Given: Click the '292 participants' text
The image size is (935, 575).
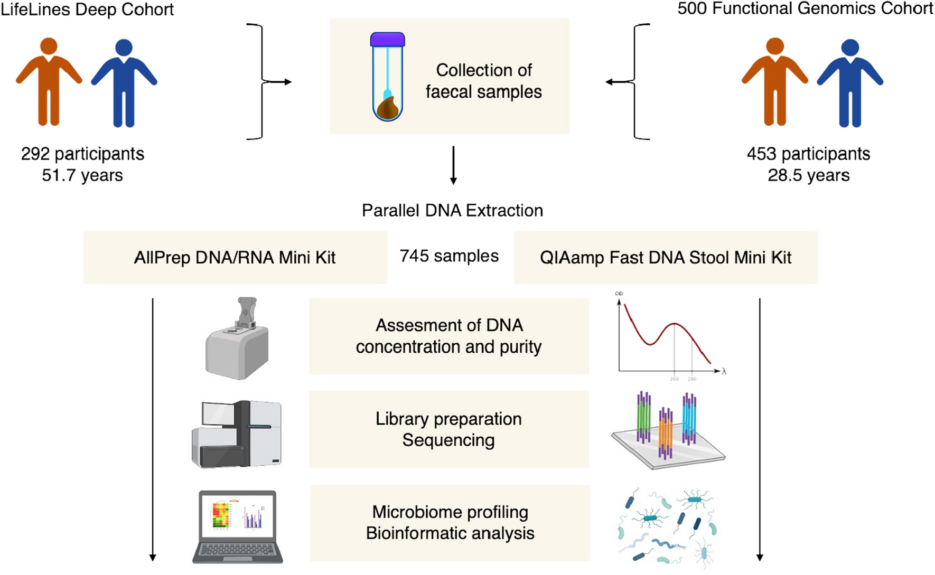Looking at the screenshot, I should pyautogui.click(x=82, y=154).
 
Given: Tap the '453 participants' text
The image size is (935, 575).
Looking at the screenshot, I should pyautogui.click(x=808, y=154).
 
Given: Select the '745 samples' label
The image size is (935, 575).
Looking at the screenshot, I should pyautogui.click(x=449, y=256).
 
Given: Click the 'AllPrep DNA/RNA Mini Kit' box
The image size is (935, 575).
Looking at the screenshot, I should pyautogui.click(x=235, y=258).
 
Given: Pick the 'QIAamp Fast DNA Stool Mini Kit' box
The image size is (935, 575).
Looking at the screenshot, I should pyautogui.click(x=666, y=258).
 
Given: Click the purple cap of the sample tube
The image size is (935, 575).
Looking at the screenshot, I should pyautogui.click(x=387, y=40).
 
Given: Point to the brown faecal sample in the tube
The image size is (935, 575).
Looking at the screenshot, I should pyautogui.click(x=388, y=108).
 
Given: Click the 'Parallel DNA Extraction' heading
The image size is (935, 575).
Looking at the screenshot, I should pyautogui.click(x=452, y=211).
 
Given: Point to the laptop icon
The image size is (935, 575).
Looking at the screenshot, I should pyautogui.click(x=238, y=526).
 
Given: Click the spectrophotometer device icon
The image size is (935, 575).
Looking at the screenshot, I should pyautogui.click(x=238, y=341).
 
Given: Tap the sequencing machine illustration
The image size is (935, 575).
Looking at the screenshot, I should pyautogui.click(x=237, y=434).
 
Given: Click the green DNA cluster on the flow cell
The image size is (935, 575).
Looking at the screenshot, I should pyautogui.click(x=643, y=417).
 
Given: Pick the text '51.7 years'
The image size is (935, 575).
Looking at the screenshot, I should pyautogui.click(x=82, y=175).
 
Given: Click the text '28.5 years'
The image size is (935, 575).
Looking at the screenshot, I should pyautogui.click(x=808, y=175).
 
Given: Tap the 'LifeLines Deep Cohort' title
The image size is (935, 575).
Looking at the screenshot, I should pyautogui.click(x=87, y=10).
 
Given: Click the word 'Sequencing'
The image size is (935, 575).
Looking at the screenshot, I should pyautogui.click(x=448, y=440).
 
